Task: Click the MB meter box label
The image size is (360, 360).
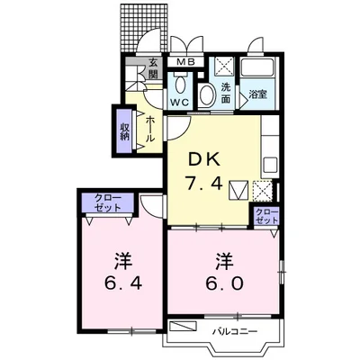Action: [186, 62]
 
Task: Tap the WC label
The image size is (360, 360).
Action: [180, 103]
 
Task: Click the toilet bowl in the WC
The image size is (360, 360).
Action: [180, 85]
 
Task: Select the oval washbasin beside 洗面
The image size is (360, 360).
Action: [207, 95]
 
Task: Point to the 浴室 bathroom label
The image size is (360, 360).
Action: [257, 94]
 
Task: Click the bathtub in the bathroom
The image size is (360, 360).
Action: [257, 67]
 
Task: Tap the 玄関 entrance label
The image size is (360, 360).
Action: [153, 68]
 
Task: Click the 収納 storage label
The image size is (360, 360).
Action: [124, 132]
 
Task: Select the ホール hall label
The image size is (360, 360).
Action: [150, 130]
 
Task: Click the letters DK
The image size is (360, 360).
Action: [204, 160]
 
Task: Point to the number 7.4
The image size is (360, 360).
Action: [204, 183]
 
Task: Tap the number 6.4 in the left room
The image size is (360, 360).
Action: [123, 283]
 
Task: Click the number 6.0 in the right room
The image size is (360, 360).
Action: [224, 283]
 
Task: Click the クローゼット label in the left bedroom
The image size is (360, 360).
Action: [108, 202]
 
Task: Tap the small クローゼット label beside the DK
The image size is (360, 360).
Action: [266, 216]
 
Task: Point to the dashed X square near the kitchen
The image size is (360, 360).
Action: [263, 191]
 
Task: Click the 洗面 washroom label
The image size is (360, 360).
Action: [226, 93]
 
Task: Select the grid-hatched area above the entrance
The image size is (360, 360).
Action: [144, 28]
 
